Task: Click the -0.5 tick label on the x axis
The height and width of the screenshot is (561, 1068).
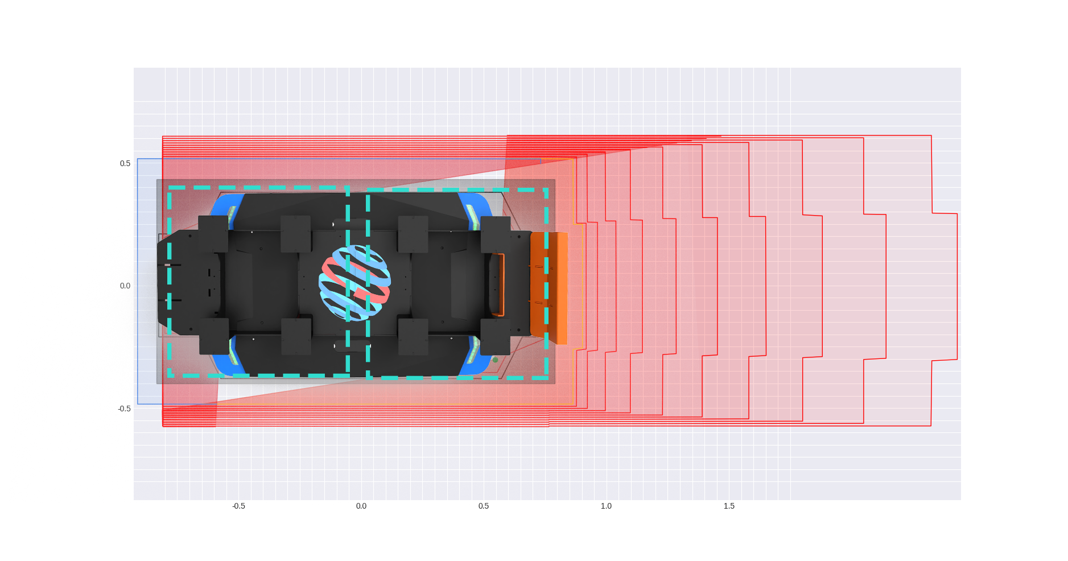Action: tap(238, 506)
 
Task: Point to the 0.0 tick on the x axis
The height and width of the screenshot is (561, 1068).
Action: tap(361, 506)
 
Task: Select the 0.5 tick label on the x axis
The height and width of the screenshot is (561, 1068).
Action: tap(484, 506)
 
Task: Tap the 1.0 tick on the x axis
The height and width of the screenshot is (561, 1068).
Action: tap(607, 506)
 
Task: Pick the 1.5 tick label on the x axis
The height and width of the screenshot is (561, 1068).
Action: tap(729, 506)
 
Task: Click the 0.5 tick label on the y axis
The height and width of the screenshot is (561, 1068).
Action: tap(125, 163)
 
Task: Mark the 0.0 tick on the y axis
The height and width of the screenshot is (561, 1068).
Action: tap(125, 286)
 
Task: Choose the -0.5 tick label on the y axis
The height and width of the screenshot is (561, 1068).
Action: tap(124, 409)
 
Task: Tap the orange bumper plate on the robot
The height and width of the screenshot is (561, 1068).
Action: tap(549, 288)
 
